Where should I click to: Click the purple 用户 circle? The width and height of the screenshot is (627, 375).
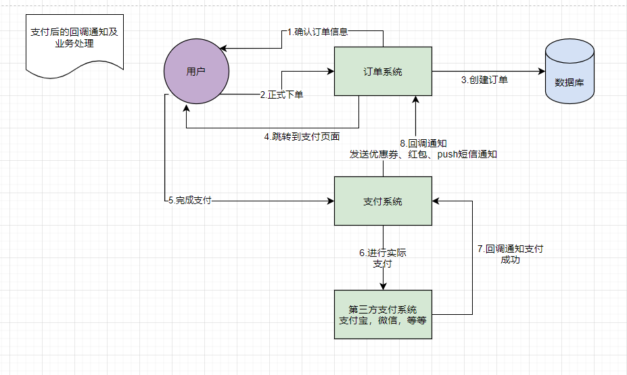click(x=196, y=72)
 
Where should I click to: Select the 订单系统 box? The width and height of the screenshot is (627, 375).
click(x=383, y=71)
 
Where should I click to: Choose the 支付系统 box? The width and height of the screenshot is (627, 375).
click(x=383, y=201)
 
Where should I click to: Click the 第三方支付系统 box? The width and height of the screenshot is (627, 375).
click(x=383, y=314)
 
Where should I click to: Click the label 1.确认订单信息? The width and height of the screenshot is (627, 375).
click(x=317, y=32)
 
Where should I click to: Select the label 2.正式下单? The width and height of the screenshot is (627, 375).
click(x=281, y=95)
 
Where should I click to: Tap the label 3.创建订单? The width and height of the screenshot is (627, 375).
click(x=485, y=80)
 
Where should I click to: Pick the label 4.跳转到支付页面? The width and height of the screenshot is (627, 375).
click(x=302, y=136)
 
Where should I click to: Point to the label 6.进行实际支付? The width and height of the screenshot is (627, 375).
click(x=383, y=258)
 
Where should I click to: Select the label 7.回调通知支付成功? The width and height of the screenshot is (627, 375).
click(x=510, y=254)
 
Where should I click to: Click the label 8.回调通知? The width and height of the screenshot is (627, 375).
click(x=423, y=143)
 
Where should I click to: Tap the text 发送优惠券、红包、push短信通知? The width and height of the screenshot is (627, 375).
click(x=423, y=154)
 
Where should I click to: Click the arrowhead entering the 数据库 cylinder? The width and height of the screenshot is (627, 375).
click(x=541, y=71)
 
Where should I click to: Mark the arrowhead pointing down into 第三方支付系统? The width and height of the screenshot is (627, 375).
click(x=383, y=285)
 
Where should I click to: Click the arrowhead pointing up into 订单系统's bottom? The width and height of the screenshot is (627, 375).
click(x=415, y=100)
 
